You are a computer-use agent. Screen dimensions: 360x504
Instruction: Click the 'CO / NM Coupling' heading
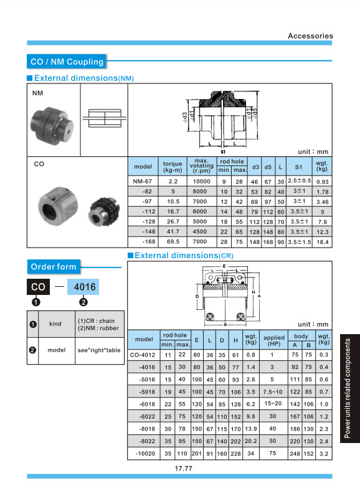pyautogui.click(x=67, y=62)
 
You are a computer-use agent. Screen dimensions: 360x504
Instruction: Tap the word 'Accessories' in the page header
pyautogui.click(x=310, y=36)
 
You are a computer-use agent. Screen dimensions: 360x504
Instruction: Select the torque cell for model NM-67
pyautogui.click(x=173, y=181)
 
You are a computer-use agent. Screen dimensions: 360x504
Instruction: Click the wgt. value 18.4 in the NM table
pyautogui.click(x=322, y=242)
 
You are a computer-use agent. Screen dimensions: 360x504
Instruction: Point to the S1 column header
pyautogui.click(x=299, y=167)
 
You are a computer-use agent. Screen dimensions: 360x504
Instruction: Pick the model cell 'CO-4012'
pyautogui.click(x=143, y=355)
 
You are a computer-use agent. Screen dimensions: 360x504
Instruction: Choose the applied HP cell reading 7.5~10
pyautogui.click(x=273, y=392)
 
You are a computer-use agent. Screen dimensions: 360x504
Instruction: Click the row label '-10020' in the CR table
pyautogui.click(x=145, y=454)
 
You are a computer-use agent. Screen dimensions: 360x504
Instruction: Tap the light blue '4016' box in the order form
pyautogui.click(x=83, y=287)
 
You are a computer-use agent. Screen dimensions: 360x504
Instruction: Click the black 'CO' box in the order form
pyautogui.click(x=38, y=287)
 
